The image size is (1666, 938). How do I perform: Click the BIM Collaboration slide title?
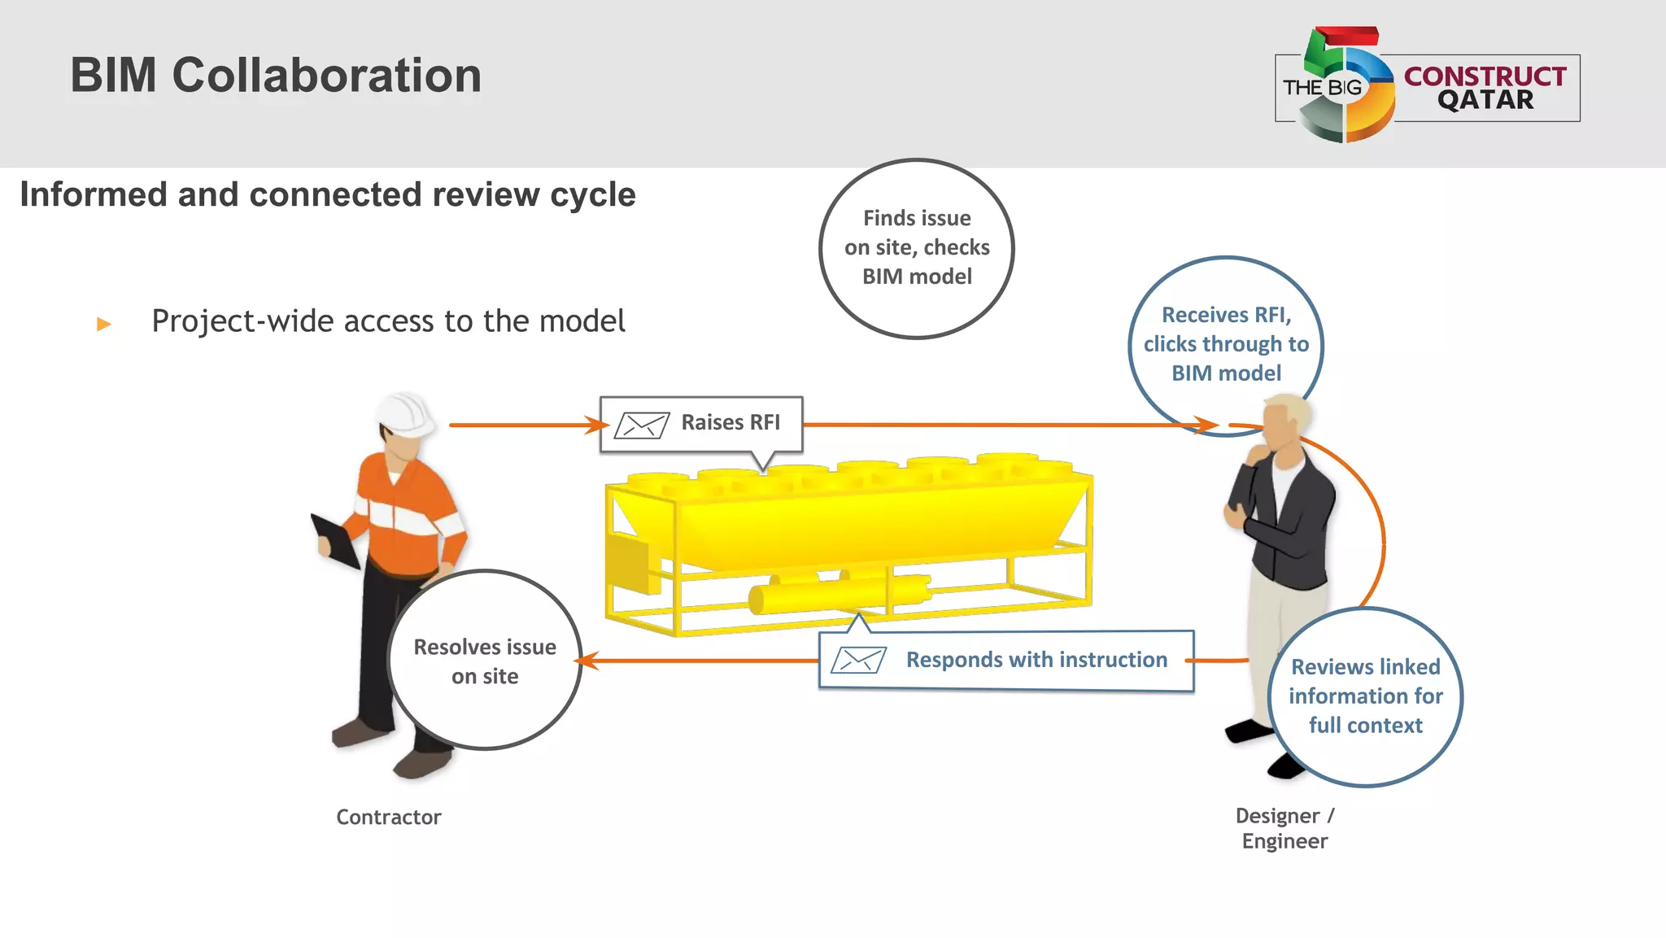[276, 76]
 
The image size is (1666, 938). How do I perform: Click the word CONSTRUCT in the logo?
[1485, 76]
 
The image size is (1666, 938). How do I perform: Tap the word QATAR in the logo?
[1485, 100]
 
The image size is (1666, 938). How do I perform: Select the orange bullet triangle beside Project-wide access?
[103, 324]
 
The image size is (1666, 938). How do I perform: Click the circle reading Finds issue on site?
[917, 248]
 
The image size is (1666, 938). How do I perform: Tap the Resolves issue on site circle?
[485, 661]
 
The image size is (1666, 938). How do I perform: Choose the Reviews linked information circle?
[1366, 696]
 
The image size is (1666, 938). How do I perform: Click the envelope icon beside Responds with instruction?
[858, 660]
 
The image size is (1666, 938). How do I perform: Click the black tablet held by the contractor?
[336, 540]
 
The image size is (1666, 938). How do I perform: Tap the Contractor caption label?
[389, 817]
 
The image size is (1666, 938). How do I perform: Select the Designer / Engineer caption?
[1284, 828]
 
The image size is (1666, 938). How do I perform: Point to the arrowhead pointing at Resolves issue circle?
[587, 661]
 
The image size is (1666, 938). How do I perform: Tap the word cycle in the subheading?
[592, 195]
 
